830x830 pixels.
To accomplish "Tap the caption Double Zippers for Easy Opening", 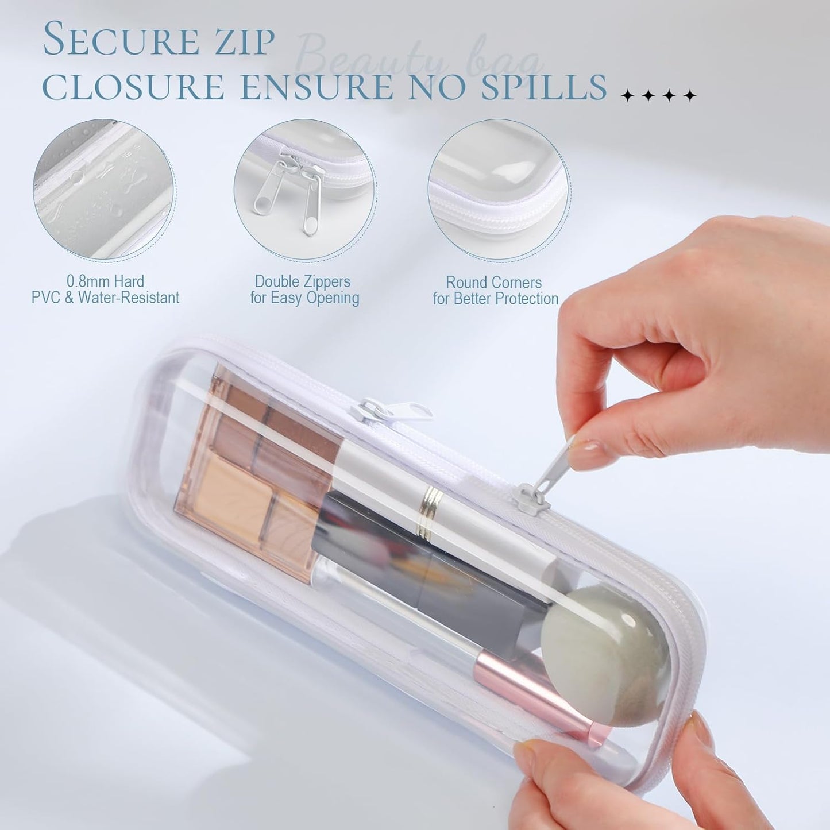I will coord(304,290).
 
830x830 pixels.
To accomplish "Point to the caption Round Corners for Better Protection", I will coord(495,291).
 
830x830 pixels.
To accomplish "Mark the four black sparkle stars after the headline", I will coord(659,96).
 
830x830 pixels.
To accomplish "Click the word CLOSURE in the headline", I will coord(133,87).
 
